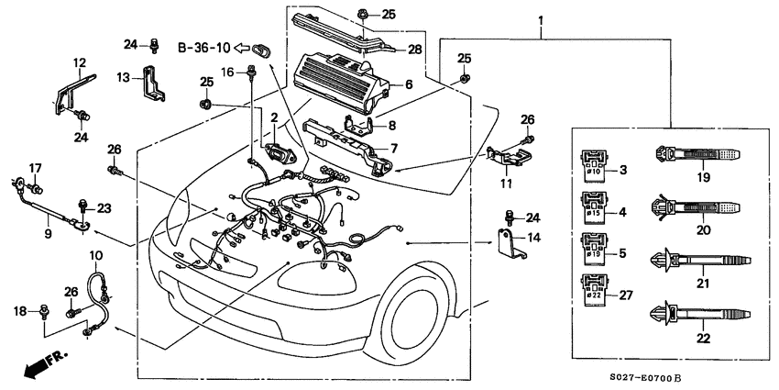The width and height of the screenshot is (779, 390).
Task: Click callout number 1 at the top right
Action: (x=540, y=19)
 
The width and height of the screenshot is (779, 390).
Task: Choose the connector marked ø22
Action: (x=591, y=286)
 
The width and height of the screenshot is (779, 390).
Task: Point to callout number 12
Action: (x=80, y=63)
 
